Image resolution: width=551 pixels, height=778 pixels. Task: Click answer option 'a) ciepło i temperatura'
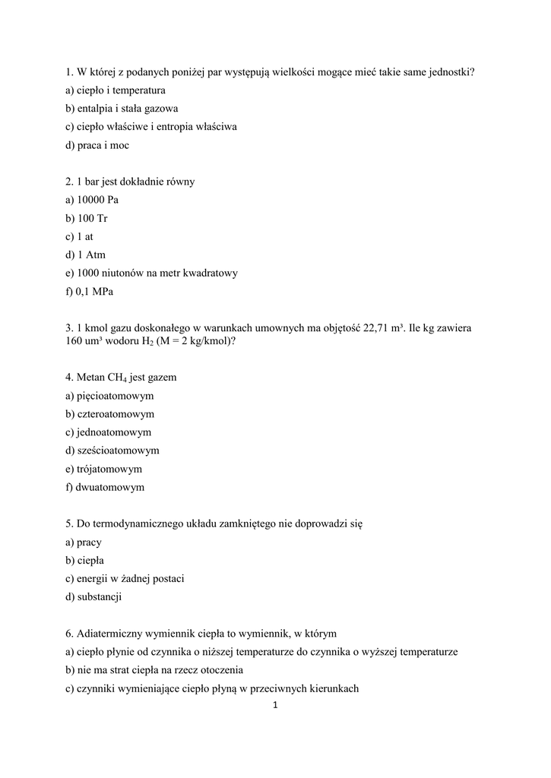coord(116,90)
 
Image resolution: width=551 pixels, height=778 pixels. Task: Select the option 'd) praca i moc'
coord(97,145)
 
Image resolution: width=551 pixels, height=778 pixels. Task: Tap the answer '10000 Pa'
coord(97,200)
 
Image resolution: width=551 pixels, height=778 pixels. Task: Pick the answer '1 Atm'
coord(91,255)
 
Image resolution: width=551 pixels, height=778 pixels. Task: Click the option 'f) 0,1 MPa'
coord(90,291)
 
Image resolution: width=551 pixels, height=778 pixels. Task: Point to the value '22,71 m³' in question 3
coord(384,327)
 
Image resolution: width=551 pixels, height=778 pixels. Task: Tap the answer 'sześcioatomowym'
coord(118,451)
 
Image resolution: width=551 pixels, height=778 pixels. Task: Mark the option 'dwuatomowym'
coord(110,487)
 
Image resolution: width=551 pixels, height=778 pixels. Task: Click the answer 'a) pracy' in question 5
coord(84,542)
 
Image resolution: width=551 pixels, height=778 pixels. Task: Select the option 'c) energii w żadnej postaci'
coord(125,578)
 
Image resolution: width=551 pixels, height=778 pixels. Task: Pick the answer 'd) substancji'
coord(93,596)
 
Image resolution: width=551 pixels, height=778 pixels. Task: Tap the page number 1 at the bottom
coord(275,705)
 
